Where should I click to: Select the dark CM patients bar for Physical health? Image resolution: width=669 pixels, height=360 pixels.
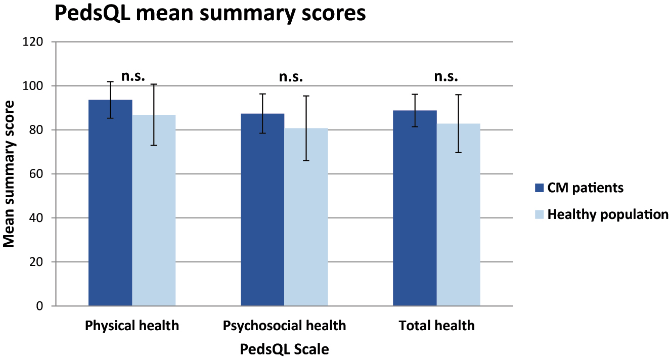tap(110, 202)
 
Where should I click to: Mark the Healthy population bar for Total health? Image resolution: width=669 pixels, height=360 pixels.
tap(458, 214)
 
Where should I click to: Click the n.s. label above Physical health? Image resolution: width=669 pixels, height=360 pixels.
tap(133, 76)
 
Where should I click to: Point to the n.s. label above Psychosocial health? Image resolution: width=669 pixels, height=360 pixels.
tap(291, 76)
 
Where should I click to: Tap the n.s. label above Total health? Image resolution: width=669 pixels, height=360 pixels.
tap(446, 76)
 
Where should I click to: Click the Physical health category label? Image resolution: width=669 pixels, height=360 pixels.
tap(132, 326)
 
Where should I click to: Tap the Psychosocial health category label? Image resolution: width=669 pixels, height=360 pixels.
tap(284, 326)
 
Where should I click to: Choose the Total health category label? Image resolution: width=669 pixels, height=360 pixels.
tap(436, 326)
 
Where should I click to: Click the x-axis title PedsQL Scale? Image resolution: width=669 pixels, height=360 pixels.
tap(284, 349)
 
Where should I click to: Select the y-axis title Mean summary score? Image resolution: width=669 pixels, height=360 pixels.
tap(9, 174)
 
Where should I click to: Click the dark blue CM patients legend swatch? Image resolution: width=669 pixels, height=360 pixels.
tap(539, 188)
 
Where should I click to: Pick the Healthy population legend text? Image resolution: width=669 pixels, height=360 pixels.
tap(608, 214)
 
